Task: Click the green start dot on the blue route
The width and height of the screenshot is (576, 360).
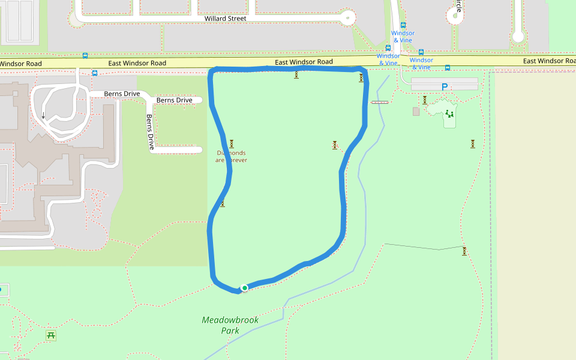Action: tap(245, 288)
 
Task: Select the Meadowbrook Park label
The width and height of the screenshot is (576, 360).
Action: tap(230, 325)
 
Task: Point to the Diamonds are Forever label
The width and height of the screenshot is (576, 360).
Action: tap(231, 157)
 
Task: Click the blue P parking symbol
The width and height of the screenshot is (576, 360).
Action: tap(445, 87)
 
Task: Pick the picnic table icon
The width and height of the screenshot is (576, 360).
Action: tap(51, 335)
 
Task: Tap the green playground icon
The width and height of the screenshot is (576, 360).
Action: tap(449, 113)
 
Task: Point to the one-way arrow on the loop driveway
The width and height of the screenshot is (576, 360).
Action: tap(43, 115)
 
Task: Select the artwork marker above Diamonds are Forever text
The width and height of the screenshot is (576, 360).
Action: tap(231, 143)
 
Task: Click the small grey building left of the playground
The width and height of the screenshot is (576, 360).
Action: tap(416, 112)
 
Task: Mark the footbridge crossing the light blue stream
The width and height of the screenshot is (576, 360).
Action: tap(380, 103)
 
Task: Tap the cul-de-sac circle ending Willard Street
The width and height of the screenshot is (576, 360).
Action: tap(347, 18)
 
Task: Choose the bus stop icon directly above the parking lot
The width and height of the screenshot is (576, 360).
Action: tap(448, 68)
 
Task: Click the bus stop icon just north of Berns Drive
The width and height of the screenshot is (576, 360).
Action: tap(95, 73)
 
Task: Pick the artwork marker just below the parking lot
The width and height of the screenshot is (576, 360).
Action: tap(425, 100)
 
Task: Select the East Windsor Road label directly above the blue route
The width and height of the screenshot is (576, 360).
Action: tap(304, 62)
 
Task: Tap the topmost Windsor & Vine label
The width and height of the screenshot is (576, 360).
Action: tap(403, 37)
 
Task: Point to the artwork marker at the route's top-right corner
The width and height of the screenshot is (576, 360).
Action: tap(361, 77)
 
